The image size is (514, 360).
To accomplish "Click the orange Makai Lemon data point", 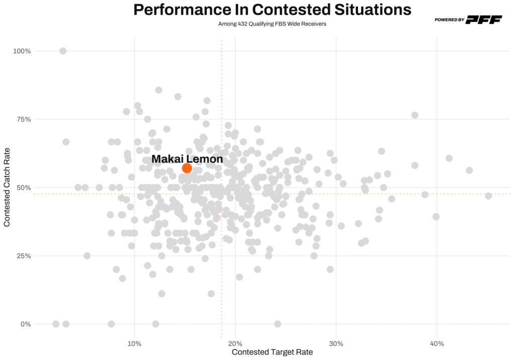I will tap(187, 168).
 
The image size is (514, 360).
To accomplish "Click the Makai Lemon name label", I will tap(187, 159).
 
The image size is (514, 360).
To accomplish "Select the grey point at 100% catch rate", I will tap(63, 51).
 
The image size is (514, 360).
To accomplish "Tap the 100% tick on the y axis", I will tap(22, 51).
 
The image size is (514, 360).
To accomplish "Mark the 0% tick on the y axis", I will tap(26, 324).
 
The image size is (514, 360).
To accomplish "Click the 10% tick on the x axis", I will tap(134, 343).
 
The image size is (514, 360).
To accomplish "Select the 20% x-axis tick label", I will tap(235, 343).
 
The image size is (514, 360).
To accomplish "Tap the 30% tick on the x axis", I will tap(336, 343).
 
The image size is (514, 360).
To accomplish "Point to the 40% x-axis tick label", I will tap(437, 343).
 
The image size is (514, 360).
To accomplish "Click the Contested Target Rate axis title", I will tap(272, 352).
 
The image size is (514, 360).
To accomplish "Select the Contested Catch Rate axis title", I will tap(7, 187).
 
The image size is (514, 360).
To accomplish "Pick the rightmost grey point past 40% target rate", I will tap(488, 196).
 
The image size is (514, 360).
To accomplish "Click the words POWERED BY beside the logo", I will tap(449, 20).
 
